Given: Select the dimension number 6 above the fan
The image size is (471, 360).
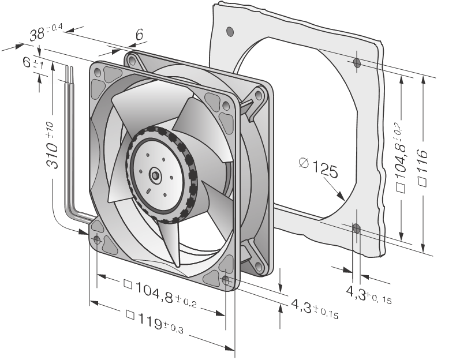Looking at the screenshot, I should (x=139, y=35).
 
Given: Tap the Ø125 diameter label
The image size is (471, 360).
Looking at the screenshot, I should (x=318, y=168).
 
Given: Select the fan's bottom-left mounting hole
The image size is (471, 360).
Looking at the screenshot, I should (x=96, y=239).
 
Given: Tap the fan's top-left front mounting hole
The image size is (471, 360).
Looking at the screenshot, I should (x=97, y=73).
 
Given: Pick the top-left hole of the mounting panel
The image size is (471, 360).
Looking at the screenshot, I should (x=230, y=30).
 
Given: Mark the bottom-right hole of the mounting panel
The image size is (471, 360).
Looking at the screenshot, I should (x=356, y=229).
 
